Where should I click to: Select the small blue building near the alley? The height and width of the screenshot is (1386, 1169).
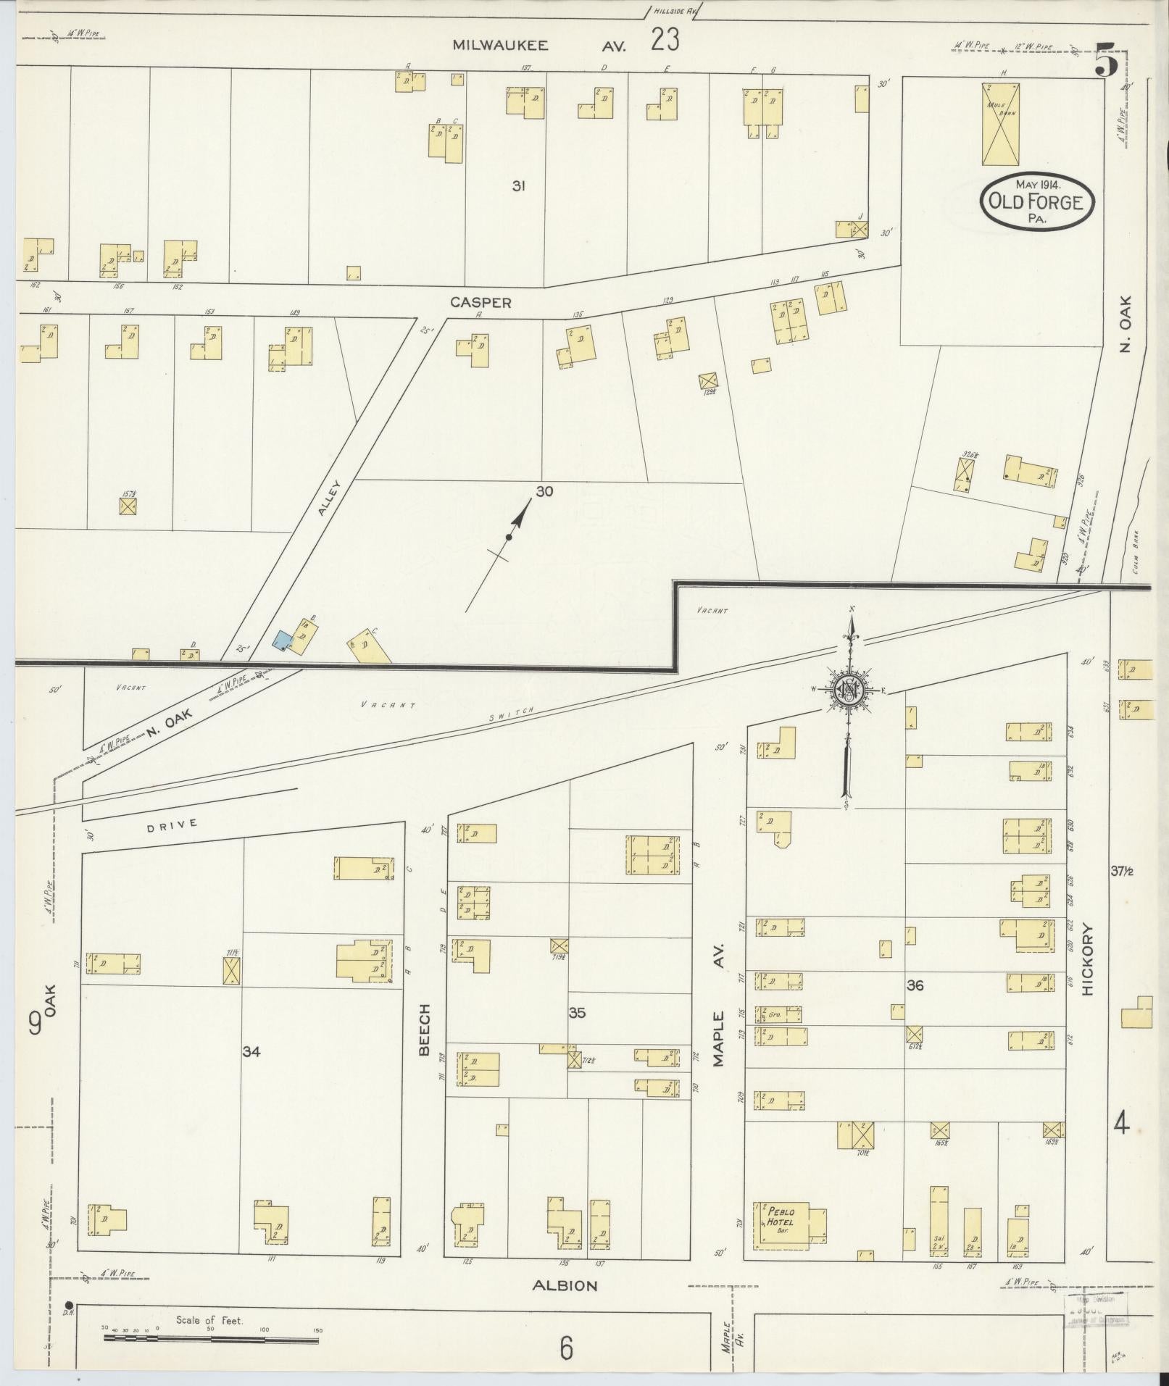(281, 640)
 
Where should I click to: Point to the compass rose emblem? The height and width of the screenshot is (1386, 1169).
(847, 690)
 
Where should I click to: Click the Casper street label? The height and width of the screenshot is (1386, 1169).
(481, 303)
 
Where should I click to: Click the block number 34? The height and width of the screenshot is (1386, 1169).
(251, 1051)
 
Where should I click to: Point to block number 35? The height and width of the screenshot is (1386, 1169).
(576, 1013)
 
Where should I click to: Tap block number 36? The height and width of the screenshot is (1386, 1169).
(915, 985)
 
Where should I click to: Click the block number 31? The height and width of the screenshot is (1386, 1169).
(517, 186)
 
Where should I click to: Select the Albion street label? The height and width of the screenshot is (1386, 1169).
(565, 1286)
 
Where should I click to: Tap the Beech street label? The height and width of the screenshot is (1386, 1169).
(425, 1029)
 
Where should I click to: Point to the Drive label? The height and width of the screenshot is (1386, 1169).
(172, 824)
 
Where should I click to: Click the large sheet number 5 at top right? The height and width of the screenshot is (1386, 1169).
(1107, 60)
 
